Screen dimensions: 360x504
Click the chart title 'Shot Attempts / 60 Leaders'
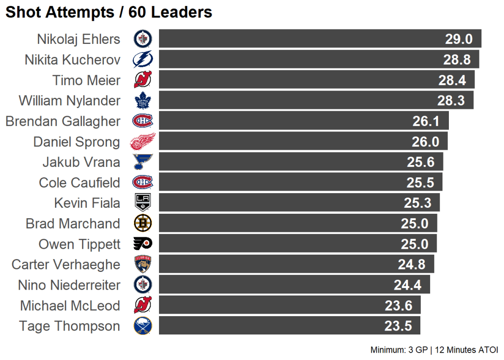pos(109,12)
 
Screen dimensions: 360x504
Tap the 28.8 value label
pos(457,60)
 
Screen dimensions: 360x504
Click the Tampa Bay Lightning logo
pos(143,60)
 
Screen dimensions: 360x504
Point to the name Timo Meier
pos(86,80)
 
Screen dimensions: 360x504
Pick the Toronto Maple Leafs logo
pos(143,101)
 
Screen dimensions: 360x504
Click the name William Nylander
pos(69,101)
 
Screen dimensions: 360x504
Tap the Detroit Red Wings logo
pos(143,142)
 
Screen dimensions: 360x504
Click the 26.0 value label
pos(425,142)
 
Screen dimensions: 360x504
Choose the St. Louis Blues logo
pos(143,162)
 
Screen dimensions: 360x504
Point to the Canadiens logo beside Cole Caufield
pos(143,183)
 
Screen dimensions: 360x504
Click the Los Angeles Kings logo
pos(143,203)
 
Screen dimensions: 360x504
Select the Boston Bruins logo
pos(143,224)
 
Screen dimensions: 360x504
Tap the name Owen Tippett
pos(79,244)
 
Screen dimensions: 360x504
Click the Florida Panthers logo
pos(143,264)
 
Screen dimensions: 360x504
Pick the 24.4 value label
pos(407,285)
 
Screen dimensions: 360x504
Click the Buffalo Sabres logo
pos(143,326)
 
